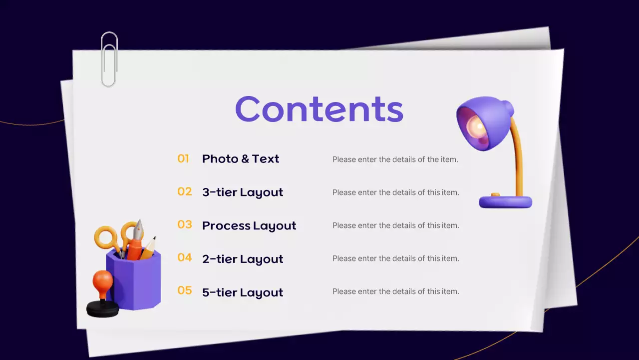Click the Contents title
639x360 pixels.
coord(319,109)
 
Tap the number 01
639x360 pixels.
coord(183,158)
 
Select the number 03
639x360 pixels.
coord(184,224)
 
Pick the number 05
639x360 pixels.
coord(184,290)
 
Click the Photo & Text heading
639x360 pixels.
coord(240,159)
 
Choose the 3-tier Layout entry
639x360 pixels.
coord(242,192)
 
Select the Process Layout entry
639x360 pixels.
coord(249,225)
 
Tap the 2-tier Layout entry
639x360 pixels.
coord(242,259)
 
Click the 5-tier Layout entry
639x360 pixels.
coord(242,292)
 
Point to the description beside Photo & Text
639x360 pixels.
coord(395,159)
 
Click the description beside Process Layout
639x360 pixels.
coord(395,225)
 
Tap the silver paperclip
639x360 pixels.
coord(109,59)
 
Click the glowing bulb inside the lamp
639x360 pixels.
coord(476,127)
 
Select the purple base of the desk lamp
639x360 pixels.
coord(505,201)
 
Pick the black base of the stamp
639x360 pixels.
coord(103,309)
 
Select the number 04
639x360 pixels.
coord(184,257)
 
